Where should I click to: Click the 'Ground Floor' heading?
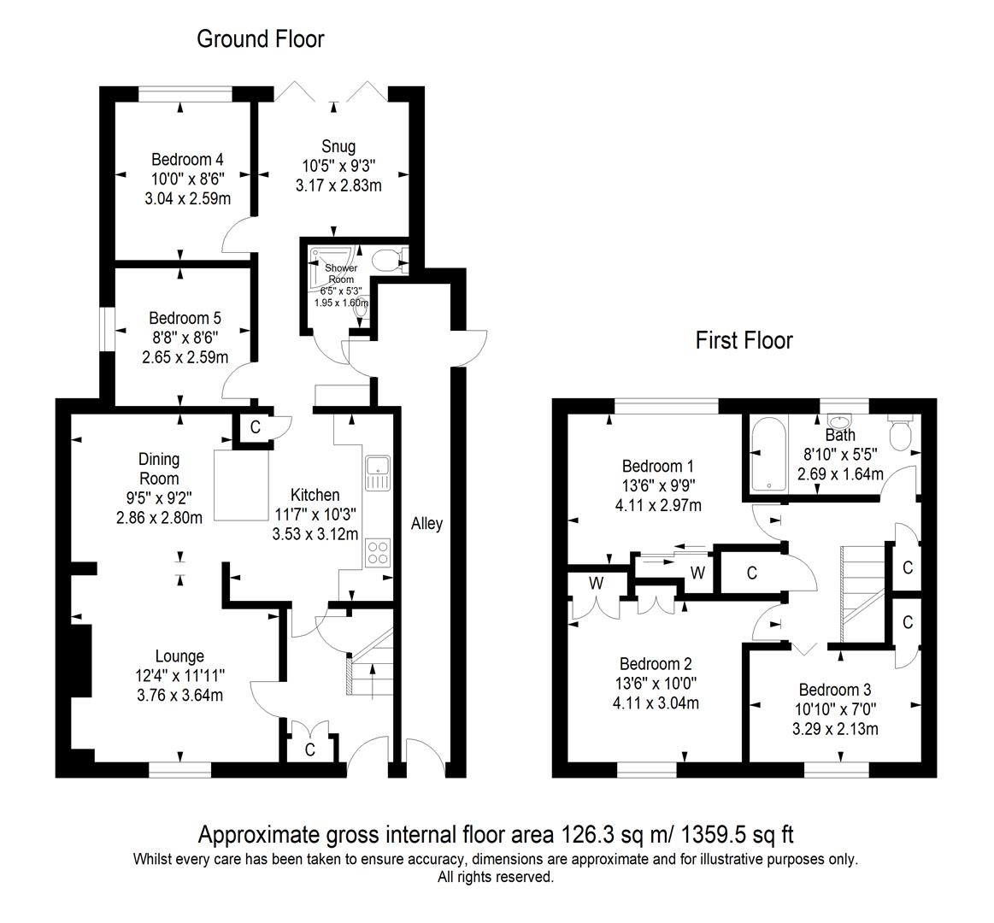click(260, 38)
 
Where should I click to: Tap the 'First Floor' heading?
click(744, 341)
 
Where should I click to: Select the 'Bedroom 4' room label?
click(187, 160)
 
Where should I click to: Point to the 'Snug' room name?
click(338, 146)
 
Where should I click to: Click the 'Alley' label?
click(426, 524)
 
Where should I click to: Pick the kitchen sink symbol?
click(378, 473)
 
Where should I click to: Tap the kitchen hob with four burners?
click(378, 553)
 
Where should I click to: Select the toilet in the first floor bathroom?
click(900, 432)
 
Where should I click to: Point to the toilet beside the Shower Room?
click(389, 259)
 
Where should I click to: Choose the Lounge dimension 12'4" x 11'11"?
click(179, 676)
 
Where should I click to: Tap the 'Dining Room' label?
click(159, 469)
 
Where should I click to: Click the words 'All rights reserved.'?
click(496, 877)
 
